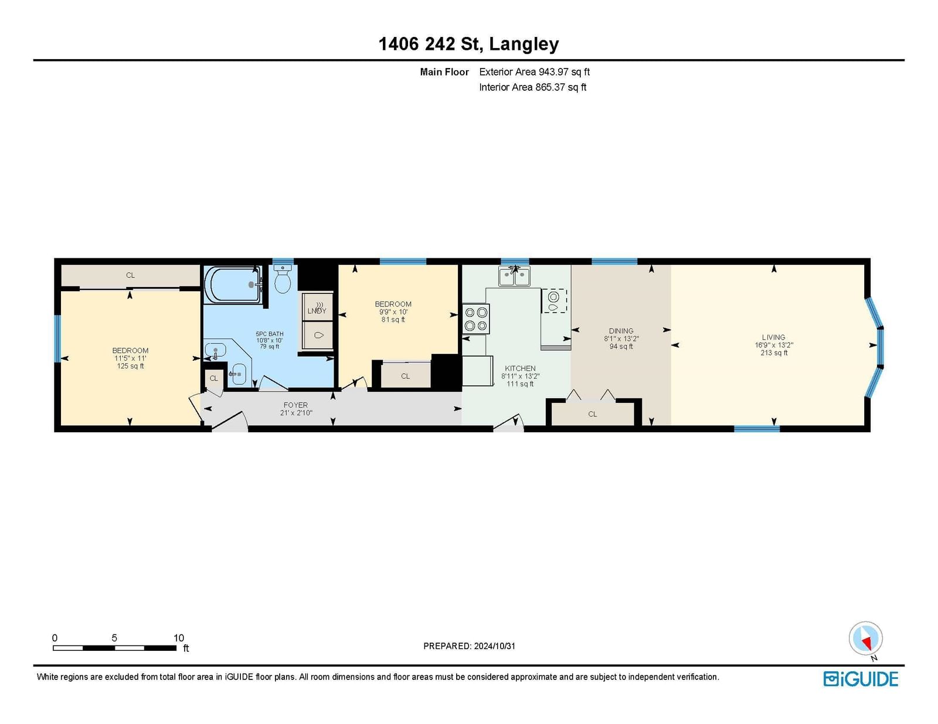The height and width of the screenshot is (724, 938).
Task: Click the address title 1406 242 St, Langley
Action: coord(468,45)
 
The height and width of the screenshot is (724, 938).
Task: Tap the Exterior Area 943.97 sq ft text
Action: coord(534,72)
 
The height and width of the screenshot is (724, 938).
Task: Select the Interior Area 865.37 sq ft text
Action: coord(533,87)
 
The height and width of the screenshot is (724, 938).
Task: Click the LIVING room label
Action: coord(773,337)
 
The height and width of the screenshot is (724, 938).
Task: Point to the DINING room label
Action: coord(621,331)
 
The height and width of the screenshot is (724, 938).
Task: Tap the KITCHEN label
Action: coord(520,368)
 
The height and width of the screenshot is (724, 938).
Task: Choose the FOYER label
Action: coord(295,405)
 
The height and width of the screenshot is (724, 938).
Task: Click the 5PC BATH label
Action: coord(269,334)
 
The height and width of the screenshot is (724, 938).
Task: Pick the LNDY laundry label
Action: coord(317,311)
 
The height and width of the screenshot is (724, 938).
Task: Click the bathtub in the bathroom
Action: coord(233,285)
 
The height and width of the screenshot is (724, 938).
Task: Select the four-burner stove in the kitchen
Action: coord(475,319)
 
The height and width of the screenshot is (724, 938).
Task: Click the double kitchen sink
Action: coord(514,276)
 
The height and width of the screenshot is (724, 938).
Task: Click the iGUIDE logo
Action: coord(860,679)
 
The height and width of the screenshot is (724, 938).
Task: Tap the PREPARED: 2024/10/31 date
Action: coord(469,646)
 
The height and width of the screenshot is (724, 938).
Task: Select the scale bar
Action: coord(114,648)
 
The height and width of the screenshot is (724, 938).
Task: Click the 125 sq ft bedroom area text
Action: coord(130,366)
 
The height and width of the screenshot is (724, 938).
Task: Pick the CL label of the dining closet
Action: coord(592,414)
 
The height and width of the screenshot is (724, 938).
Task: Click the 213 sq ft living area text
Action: coord(773,353)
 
